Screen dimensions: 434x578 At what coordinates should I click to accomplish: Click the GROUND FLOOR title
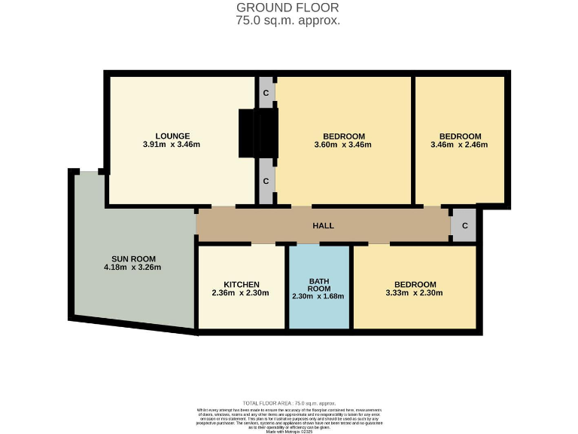point(288,8)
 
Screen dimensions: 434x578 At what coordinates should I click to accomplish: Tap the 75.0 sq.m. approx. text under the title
point(288,20)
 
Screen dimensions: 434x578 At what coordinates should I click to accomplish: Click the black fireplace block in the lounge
point(248,133)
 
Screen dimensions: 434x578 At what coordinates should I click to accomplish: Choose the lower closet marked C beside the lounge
point(266,182)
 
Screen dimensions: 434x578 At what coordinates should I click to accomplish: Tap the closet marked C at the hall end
point(464,225)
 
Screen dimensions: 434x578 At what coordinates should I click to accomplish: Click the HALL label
point(323,225)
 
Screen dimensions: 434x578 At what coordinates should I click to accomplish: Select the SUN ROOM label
point(132,258)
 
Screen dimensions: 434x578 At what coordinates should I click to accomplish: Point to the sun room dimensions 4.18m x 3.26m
point(132,267)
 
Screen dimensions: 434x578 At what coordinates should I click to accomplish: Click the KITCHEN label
point(242,285)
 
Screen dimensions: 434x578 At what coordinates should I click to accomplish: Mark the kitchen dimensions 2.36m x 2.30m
point(242,293)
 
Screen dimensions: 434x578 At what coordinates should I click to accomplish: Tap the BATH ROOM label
point(319,284)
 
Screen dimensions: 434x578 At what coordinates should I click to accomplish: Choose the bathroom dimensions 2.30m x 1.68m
point(318,296)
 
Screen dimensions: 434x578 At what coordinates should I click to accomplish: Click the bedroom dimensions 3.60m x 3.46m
point(342,145)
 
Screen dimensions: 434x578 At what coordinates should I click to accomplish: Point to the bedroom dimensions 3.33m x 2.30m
point(414,293)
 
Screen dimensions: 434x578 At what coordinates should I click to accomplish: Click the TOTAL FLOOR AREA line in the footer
point(288,404)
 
